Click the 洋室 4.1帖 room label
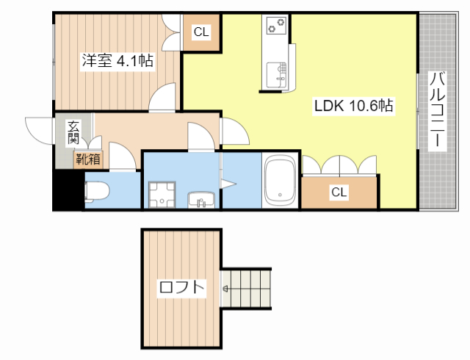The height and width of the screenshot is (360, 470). (x=117, y=61)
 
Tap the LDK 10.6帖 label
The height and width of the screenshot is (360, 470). (x=354, y=106)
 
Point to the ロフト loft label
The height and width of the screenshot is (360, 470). (x=181, y=287)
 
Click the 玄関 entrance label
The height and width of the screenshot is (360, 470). (x=73, y=132)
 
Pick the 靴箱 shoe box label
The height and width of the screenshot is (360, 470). (x=87, y=157)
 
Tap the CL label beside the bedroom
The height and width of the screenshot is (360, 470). (x=201, y=32)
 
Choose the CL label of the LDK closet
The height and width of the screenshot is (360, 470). (x=338, y=192)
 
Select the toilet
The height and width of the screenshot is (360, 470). (x=97, y=191)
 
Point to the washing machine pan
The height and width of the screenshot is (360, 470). (x=163, y=195)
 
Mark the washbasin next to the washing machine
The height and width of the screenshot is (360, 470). (x=200, y=198)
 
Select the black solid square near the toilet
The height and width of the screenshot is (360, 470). (x=68, y=190)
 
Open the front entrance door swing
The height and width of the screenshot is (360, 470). (x=40, y=129)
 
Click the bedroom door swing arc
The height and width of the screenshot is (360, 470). (x=164, y=97)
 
